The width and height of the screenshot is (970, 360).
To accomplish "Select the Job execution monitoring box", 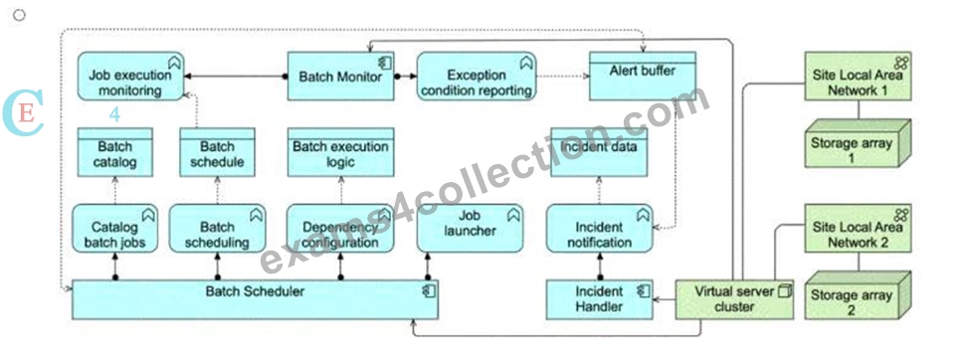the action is coord(131,77).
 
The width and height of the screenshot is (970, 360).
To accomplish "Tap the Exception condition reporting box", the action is coord(476,77).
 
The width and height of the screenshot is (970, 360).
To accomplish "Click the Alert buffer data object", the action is coord(642,77).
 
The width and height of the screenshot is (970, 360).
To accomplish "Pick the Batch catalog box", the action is coord(115,152).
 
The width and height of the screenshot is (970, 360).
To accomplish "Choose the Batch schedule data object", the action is coord(217,152).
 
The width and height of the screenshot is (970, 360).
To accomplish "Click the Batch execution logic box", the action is coord(340,152).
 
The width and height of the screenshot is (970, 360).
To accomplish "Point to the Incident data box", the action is coord(599,152).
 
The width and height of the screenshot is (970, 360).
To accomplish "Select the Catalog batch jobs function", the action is coord(115,229).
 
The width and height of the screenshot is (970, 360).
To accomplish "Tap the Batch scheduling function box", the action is coord(217,229).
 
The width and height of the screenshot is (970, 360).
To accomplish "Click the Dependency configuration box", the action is coord(340,229).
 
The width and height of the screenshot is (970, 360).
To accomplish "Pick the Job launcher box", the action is coord(470,229).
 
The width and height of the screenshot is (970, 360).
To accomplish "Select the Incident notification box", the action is coord(600,229).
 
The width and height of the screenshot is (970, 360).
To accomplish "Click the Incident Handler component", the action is coord(600,299).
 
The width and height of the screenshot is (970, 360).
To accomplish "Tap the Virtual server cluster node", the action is coord(734,299).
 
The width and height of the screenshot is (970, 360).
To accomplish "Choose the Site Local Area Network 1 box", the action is coord(858,77).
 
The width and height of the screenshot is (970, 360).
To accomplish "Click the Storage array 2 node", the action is coord(858,295).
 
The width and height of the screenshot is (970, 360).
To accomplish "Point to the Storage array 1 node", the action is coord(858,143).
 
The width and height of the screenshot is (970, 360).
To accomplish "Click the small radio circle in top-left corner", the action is coord(19,15).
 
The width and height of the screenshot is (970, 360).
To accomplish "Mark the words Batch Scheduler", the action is coord(255,290).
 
